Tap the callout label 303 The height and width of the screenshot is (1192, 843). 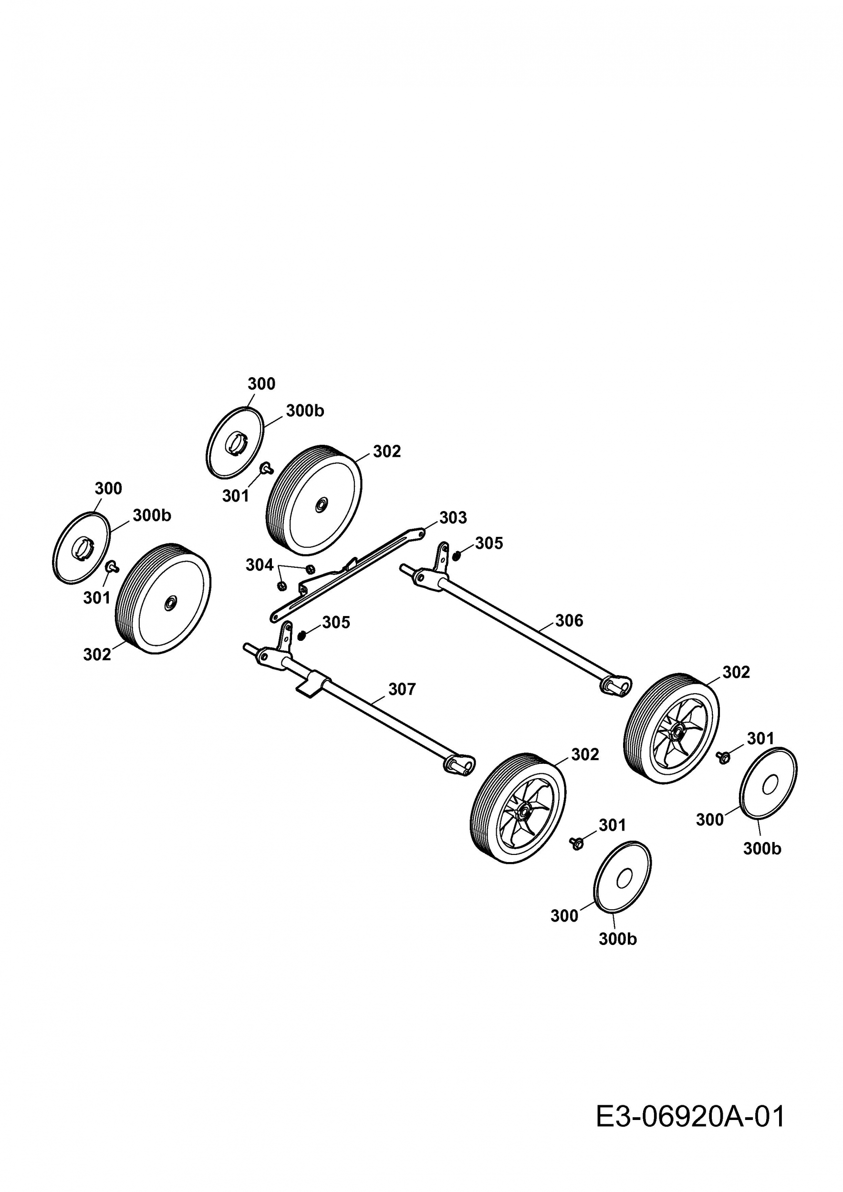point(453,518)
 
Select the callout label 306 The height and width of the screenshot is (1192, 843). point(569,620)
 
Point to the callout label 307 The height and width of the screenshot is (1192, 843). point(402,689)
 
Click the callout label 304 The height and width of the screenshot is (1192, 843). point(259,565)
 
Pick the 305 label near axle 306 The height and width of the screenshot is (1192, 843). point(489,543)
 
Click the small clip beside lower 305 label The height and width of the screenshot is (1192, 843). point(301,635)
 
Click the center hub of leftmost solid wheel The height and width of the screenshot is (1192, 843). point(169,604)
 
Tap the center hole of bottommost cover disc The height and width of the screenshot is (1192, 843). point(623,879)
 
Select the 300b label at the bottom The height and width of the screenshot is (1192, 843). point(617,939)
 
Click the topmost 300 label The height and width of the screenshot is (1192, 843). point(261,384)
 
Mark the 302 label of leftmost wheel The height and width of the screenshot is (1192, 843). point(97,654)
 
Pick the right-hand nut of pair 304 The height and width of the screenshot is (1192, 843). point(311,569)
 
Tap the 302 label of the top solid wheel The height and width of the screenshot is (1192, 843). point(387,451)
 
